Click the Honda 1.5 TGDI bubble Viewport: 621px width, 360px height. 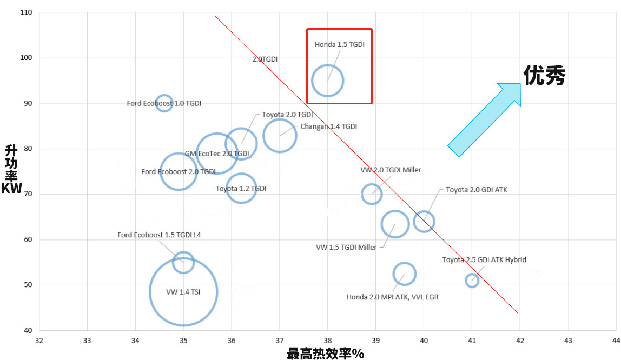327,81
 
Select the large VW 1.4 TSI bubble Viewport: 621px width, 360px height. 183,292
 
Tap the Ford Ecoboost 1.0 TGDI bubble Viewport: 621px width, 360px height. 164,103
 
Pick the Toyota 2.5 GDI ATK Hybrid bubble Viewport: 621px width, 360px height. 472,280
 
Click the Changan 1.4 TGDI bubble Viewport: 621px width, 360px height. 280,135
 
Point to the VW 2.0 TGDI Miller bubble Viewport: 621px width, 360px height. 371,194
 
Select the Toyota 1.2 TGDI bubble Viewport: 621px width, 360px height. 241,188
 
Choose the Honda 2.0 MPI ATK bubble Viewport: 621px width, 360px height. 404,274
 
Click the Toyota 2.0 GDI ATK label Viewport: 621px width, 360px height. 477,190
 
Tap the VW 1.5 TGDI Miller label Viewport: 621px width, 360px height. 346,247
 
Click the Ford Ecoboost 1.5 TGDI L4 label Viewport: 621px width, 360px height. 159,235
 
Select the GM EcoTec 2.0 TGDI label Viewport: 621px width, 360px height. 216,154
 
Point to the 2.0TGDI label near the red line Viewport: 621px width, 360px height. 265,59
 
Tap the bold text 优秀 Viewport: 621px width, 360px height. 544,76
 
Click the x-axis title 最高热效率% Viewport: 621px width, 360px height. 326,354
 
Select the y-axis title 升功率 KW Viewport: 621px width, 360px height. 11,169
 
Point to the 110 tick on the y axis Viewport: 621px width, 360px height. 25,12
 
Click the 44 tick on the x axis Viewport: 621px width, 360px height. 616,341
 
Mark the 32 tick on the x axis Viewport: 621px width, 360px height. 39,341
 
